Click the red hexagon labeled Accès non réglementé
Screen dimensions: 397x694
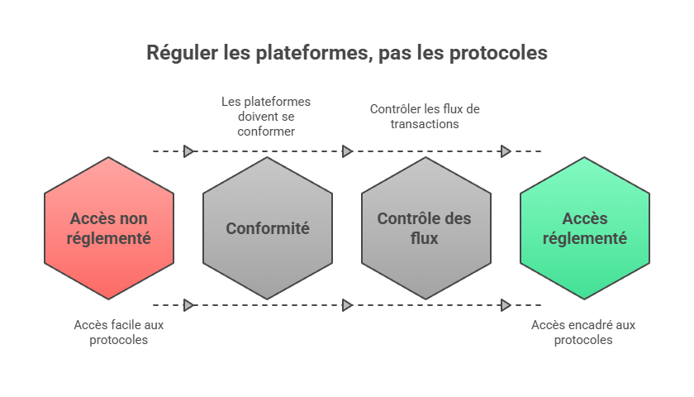click(109, 256)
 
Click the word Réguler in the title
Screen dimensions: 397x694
click(183, 53)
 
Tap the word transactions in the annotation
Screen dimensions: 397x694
click(425, 124)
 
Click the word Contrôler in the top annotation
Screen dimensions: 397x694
click(393, 109)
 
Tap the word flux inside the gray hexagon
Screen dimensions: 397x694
click(425, 238)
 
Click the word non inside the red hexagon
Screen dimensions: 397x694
click(132, 219)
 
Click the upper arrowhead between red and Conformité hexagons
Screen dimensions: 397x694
click(188, 151)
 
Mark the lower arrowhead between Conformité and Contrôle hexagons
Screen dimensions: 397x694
click(347, 305)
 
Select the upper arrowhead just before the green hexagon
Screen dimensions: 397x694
click(506, 151)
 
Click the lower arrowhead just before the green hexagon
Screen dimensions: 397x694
click(506, 305)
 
